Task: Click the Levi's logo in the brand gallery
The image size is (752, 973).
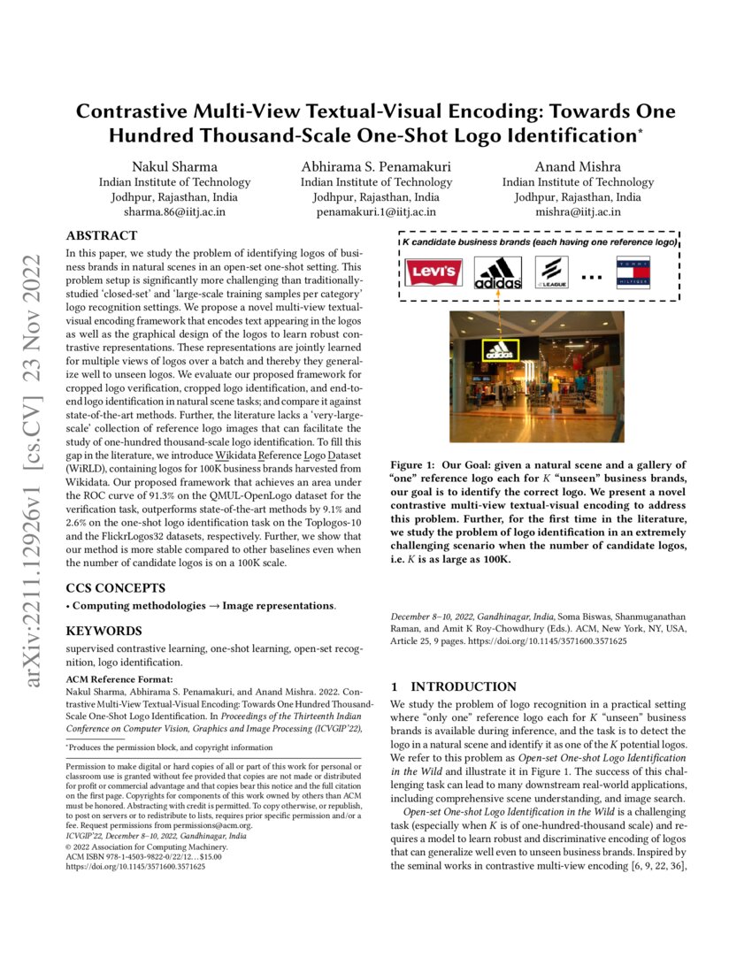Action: coord(434,272)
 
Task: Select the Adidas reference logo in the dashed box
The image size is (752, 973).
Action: coord(497,272)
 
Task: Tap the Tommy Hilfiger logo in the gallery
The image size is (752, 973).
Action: coord(633,272)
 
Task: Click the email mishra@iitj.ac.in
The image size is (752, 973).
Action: coord(578,212)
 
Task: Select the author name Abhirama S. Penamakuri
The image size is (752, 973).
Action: coord(376,166)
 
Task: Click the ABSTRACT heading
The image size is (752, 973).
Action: coord(102,235)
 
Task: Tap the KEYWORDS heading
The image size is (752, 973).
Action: coord(104,631)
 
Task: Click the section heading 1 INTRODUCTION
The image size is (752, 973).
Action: coord(453,686)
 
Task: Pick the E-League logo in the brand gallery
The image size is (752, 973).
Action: coord(552,272)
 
